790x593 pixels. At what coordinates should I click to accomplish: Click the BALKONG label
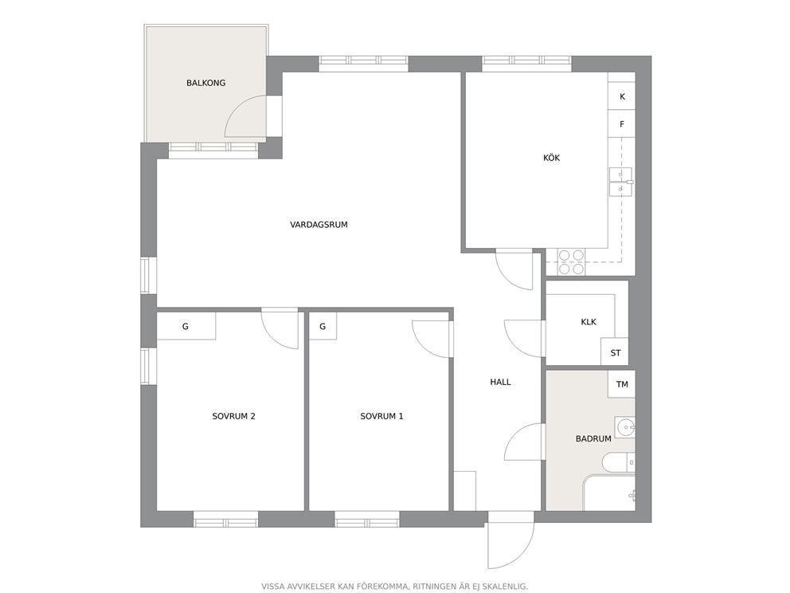coord(205,83)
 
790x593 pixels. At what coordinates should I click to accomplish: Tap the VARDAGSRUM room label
coord(319,225)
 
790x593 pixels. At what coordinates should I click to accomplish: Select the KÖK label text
coord(551,158)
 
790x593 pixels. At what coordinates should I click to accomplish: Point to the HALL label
coord(500,383)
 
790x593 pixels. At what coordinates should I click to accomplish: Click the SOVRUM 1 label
coord(381,417)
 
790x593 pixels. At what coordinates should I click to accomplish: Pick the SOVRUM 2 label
coord(233,417)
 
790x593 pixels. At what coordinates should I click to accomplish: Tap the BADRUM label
coord(593,439)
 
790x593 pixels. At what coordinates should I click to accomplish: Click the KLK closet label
coord(588,322)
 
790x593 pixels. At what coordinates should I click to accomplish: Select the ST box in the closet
coord(615,351)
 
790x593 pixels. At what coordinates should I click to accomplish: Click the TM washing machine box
coord(621,384)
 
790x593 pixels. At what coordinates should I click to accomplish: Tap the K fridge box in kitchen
coord(621,96)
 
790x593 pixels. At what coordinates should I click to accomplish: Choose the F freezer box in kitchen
coord(621,124)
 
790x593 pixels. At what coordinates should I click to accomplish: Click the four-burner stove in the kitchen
coord(571,262)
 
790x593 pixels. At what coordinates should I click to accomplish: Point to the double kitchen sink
coord(620,182)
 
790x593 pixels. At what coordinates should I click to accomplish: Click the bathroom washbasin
coord(624,427)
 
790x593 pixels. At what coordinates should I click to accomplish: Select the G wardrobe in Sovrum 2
coord(186,326)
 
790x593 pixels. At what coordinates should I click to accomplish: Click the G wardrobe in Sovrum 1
coord(323,326)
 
